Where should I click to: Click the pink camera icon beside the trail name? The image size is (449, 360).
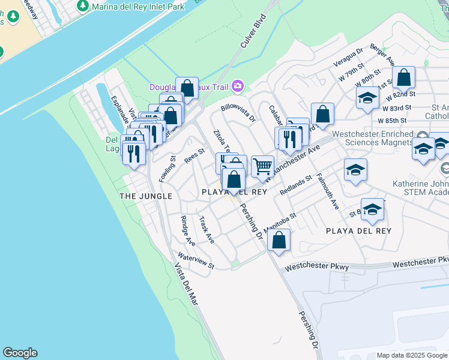coord(238,87)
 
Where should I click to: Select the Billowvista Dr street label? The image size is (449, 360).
coord(238,113)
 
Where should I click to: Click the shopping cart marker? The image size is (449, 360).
coord(262,166)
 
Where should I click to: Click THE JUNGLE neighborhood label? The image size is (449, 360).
coord(146,196)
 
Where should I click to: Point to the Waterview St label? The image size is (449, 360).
coord(196,261)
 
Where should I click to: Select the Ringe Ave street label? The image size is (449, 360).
coord(188,231)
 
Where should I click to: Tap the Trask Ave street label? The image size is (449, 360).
coord(206,229)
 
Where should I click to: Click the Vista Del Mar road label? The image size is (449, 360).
coord(186,285)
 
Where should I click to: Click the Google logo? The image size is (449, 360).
coord(20,353)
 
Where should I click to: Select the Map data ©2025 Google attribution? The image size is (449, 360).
coord(412,355)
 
